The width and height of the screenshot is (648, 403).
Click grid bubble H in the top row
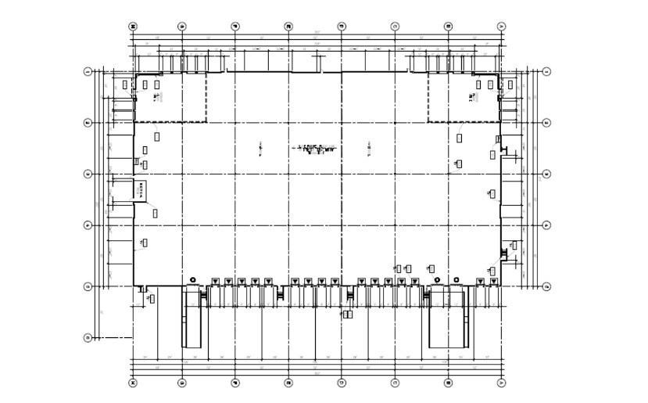coord(133,27)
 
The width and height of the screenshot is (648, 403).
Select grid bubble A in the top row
coord(501,27)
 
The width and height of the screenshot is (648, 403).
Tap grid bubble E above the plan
coord(288,27)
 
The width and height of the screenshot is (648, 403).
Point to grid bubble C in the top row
coord(395,27)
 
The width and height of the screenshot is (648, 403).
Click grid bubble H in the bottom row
coord(133,383)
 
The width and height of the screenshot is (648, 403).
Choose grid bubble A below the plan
coord(501,383)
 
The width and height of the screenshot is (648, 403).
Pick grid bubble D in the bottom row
coord(342,383)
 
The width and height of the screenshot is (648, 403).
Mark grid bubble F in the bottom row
coord(235,383)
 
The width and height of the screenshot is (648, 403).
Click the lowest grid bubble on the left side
coord(88,338)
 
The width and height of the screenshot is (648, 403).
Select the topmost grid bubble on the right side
coord(546,71)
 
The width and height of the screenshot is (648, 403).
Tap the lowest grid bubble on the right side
coord(546,287)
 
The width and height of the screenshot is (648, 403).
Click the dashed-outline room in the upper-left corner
coord(170,97)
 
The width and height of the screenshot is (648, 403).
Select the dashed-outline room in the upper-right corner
coord(463,97)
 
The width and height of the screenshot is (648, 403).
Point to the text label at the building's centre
coord(315,148)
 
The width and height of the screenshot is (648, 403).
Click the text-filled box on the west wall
coord(140,189)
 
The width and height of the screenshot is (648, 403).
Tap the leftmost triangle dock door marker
coord(216,282)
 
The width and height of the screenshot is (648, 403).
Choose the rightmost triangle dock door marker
coord(493,282)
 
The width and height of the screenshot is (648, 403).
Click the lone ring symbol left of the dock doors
coord(192,279)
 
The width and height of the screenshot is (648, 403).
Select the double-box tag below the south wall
coord(347,315)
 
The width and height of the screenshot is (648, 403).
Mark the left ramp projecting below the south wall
coord(192,318)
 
